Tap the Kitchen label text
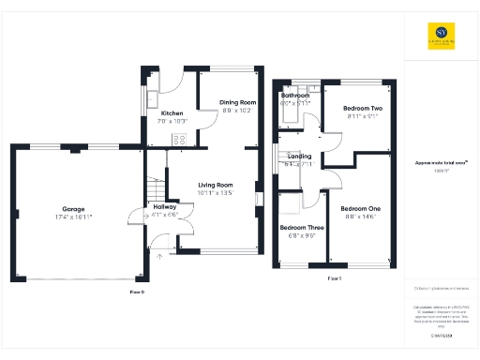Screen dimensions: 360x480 171,113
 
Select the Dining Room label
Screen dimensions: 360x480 237,102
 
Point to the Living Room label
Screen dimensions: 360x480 215,185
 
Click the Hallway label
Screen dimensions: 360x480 152,206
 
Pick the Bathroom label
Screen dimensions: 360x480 295,96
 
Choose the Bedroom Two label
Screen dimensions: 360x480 362,109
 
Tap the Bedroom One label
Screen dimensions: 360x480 360,208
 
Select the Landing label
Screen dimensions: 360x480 300,156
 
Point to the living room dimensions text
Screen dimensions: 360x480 215,193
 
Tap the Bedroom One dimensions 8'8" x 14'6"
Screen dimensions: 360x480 360,217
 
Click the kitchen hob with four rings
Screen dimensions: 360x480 179,139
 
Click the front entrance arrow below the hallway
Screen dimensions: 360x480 158,254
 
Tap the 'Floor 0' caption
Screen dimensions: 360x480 137,293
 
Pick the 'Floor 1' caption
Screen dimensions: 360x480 334,279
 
